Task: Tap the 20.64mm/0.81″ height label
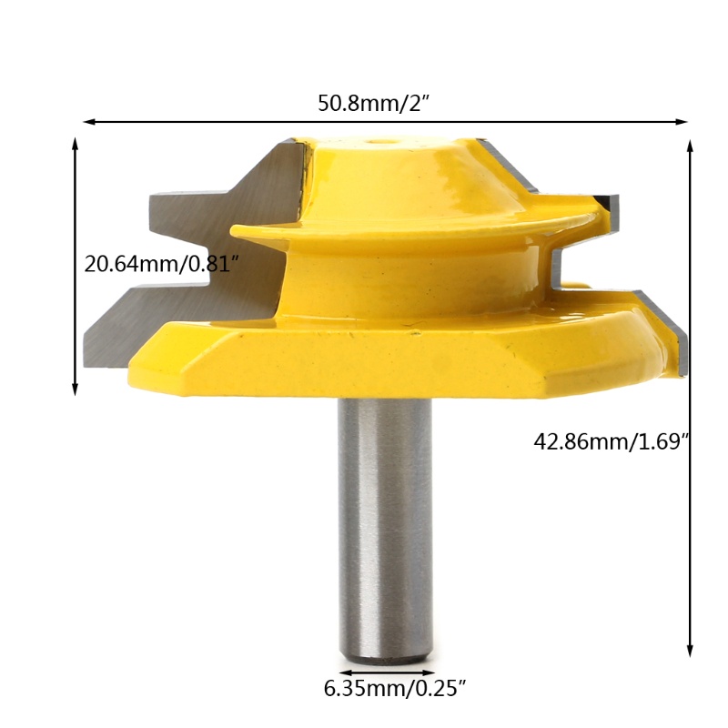pos(161,265)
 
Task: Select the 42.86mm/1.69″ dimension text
pos(611,441)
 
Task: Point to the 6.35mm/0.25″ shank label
pos(394,689)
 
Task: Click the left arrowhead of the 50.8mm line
pos(88,122)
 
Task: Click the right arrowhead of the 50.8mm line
pos(682,122)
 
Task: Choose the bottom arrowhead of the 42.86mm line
pos(690,651)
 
